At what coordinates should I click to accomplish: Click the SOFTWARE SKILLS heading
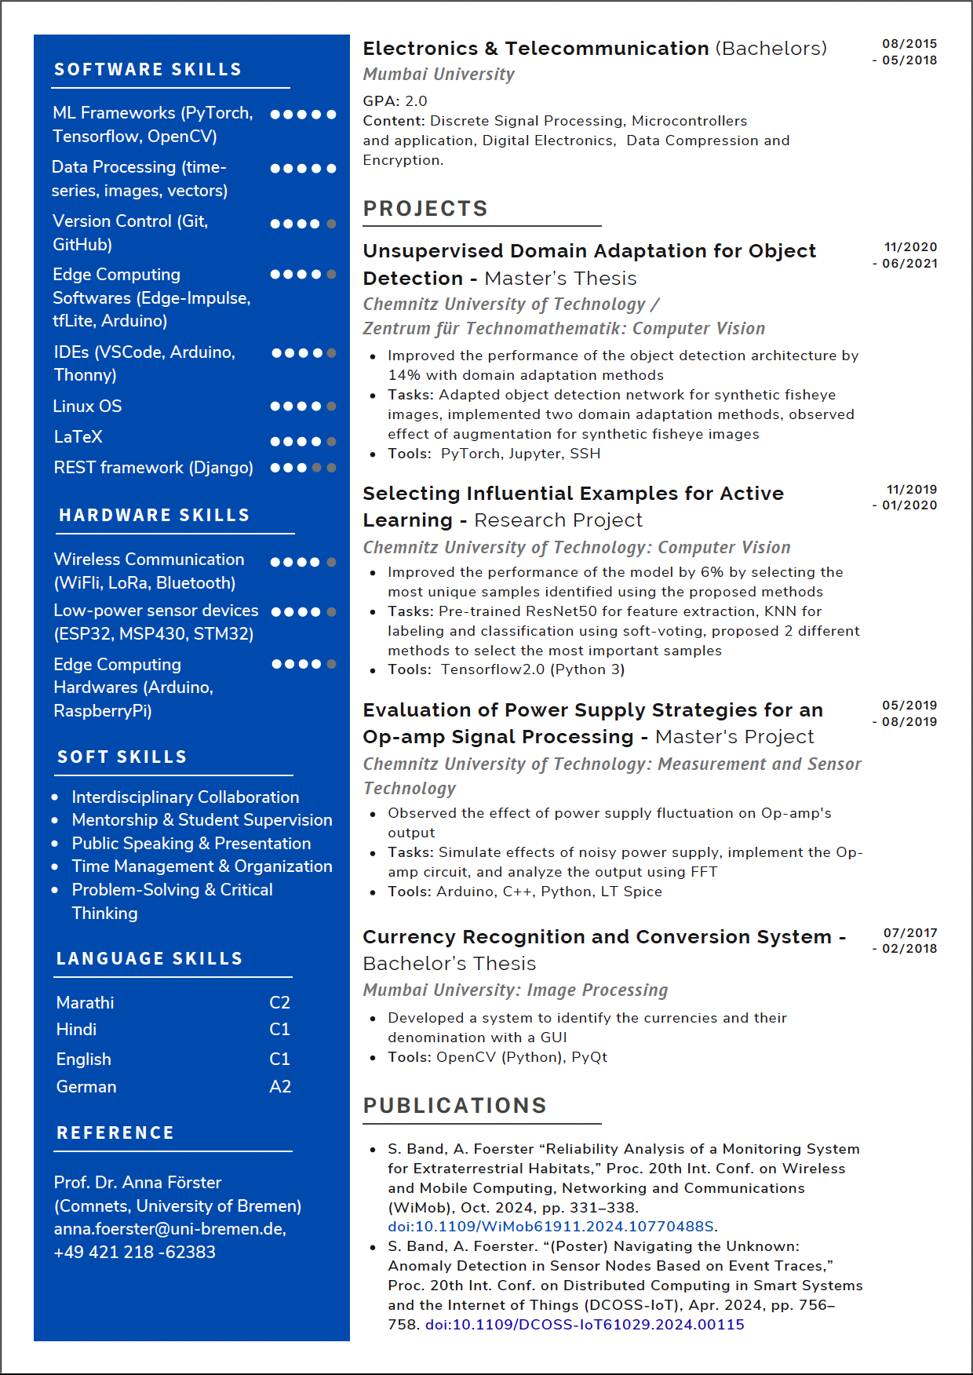pyautogui.click(x=148, y=70)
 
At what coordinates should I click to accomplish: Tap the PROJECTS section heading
pyautogui.click(x=425, y=209)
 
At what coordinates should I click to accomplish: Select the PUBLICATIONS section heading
pyautogui.click(x=454, y=1106)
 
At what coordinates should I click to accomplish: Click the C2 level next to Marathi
pyautogui.click(x=279, y=1003)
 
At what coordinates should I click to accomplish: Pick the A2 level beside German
pyautogui.click(x=280, y=1087)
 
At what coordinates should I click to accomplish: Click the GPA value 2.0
pyautogui.click(x=416, y=101)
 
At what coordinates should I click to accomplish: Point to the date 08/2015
pyautogui.click(x=909, y=44)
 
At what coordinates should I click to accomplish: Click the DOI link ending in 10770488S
pyautogui.click(x=551, y=1227)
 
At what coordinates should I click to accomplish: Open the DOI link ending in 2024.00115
pyautogui.click(x=585, y=1325)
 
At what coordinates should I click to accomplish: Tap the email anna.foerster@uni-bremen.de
pyautogui.click(x=169, y=1229)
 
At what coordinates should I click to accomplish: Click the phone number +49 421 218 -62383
pyautogui.click(x=134, y=1253)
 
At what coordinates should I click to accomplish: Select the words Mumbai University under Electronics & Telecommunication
pyautogui.click(x=439, y=75)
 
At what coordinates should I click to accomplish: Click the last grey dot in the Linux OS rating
pyautogui.click(x=331, y=407)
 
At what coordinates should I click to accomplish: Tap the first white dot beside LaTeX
pyautogui.click(x=275, y=442)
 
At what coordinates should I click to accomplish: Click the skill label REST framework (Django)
pyautogui.click(x=153, y=468)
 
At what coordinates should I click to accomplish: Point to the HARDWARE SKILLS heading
pyautogui.click(x=154, y=516)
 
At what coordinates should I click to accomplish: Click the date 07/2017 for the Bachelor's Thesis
pyautogui.click(x=910, y=933)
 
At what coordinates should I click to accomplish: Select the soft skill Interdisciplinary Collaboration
pyautogui.click(x=185, y=797)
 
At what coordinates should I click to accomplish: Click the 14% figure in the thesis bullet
pyautogui.click(x=402, y=375)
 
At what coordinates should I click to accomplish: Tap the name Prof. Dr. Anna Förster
pyautogui.click(x=137, y=1183)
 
